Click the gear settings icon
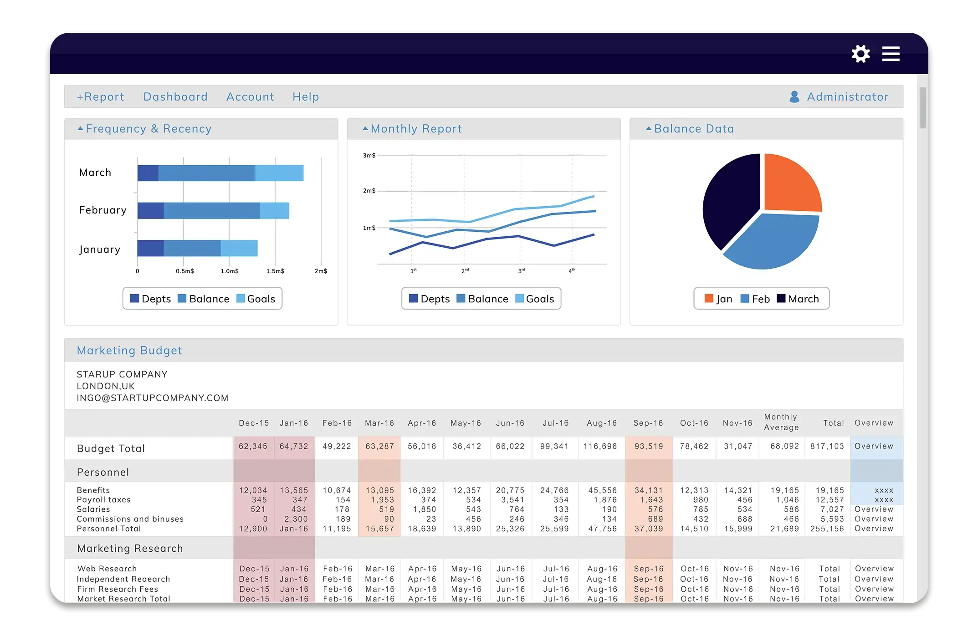click(x=860, y=54)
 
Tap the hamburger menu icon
click(x=891, y=54)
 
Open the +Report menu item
click(x=100, y=97)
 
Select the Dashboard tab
click(x=175, y=97)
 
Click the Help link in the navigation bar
click(x=306, y=97)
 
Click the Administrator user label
click(x=847, y=97)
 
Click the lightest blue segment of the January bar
click(x=239, y=248)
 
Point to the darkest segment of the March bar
click(x=148, y=173)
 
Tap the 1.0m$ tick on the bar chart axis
click(x=230, y=271)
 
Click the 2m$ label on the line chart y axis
click(x=369, y=191)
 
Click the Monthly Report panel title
click(x=416, y=129)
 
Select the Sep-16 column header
click(x=648, y=423)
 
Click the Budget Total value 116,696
click(x=600, y=447)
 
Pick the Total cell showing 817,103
click(x=827, y=447)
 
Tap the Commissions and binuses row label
click(x=130, y=519)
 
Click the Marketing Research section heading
click(x=130, y=549)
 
